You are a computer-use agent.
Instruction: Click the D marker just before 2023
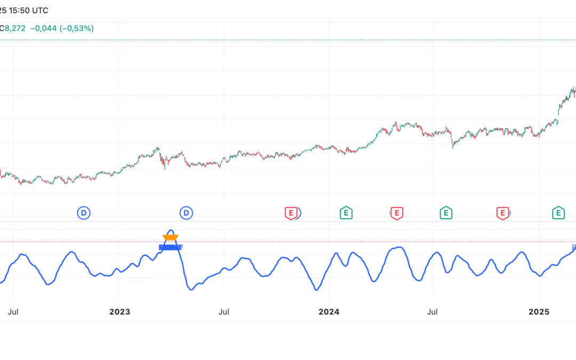[x=84, y=213]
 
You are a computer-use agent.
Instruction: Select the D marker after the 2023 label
[x=186, y=213]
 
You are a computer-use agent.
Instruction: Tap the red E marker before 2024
[x=290, y=213]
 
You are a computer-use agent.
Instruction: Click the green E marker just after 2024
[x=346, y=213]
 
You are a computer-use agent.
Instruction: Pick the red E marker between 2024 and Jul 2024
[x=396, y=213]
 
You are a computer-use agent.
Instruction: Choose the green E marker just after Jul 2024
[x=446, y=213]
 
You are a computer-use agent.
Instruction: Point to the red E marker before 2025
[x=502, y=213]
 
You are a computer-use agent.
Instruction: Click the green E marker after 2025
[x=558, y=213]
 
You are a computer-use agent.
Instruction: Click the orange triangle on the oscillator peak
[x=171, y=238]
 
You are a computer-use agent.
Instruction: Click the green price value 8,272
[x=15, y=28]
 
